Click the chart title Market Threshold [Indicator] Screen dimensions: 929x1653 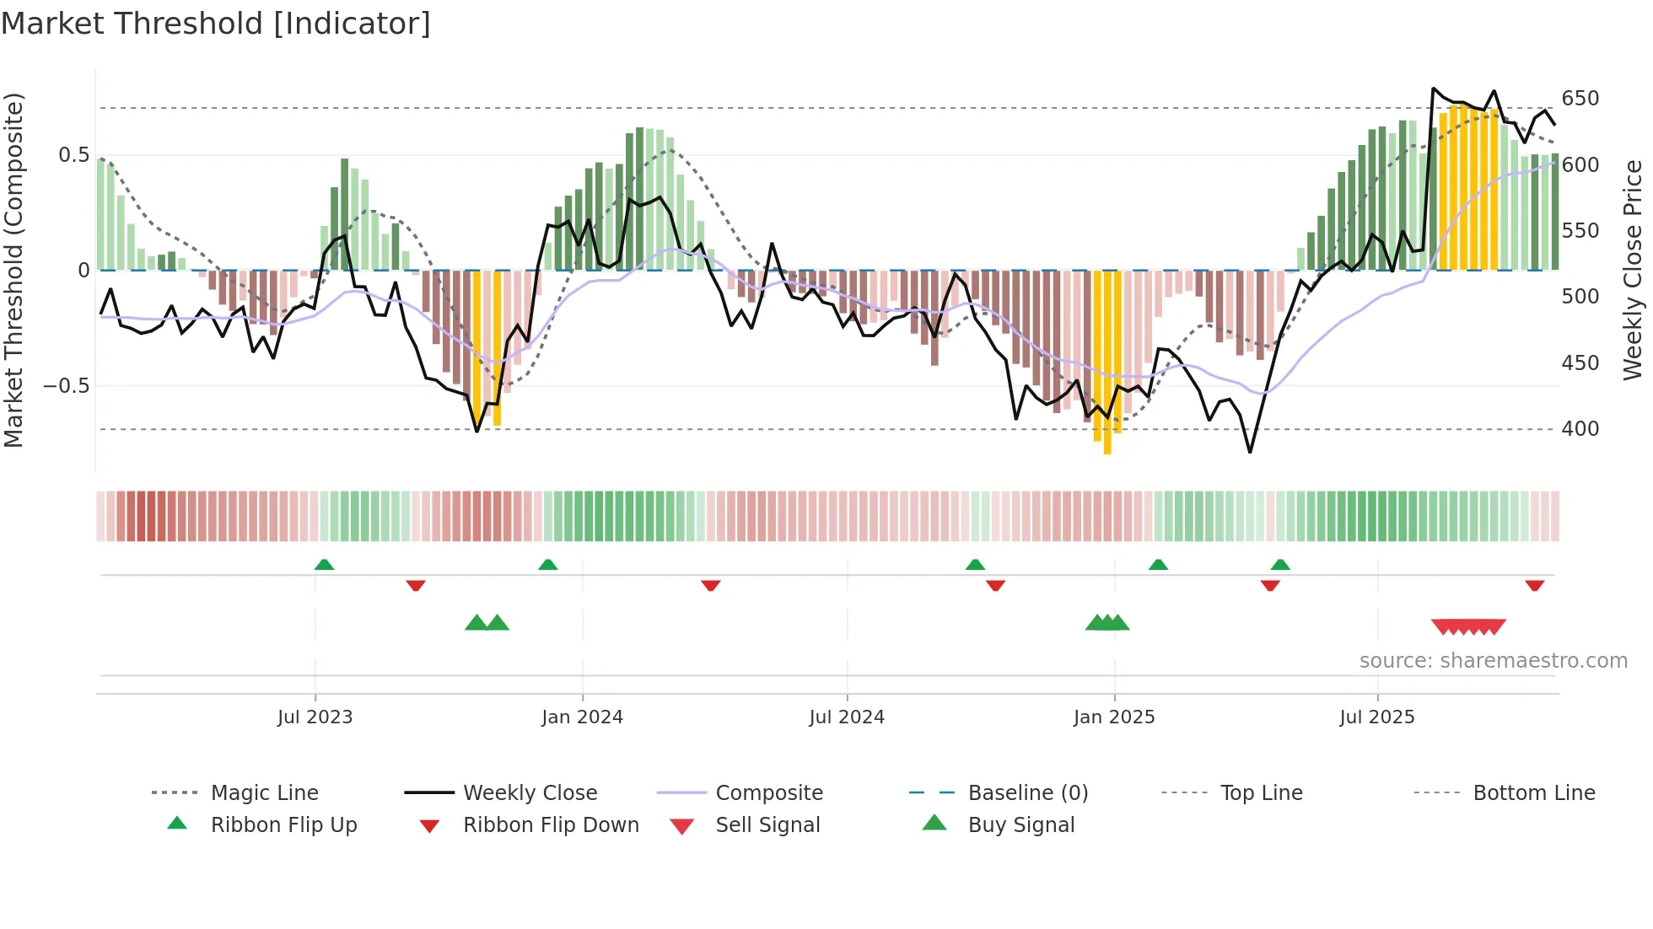pyautogui.click(x=216, y=24)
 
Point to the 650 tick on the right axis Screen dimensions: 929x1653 pyautogui.click(x=1580, y=99)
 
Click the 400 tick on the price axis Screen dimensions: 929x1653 pyautogui.click(x=1580, y=429)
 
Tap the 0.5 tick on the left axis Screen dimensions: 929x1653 pyautogui.click(x=73, y=155)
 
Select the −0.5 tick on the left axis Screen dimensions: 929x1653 pyautogui.click(x=67, y=386)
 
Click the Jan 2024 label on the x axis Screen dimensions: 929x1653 pyautogui.click(x=582, y=717)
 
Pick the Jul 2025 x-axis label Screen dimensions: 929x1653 pyautogui.click(x=1376, y=717)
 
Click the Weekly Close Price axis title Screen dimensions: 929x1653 pyautogui.click(x=1633, y=270)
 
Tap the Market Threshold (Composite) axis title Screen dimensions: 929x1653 pyautogui.click(x=14, y=270)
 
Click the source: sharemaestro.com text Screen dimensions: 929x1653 pyautogui.click(x=1493, y=661)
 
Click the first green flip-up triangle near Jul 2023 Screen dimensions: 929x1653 pyautogui.click(x=324, y=565)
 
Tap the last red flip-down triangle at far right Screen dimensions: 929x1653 pyautogui.click(x=1534, y=585)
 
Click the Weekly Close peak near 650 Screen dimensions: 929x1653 pyautogui.click(x=1433, y=89)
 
